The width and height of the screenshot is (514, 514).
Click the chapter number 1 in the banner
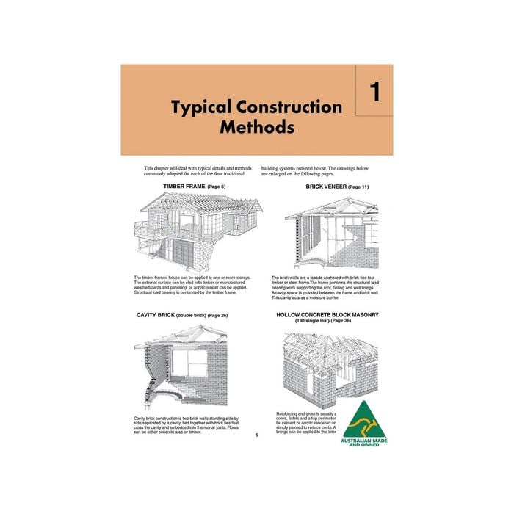pos(374,93)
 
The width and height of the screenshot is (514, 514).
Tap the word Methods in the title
pos(257,127)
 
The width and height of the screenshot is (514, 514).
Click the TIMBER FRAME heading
pos(184,187)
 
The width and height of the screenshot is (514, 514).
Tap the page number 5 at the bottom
pos(256,435)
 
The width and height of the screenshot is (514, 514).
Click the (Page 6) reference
pos(217,187)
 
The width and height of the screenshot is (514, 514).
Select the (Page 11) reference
pos(358,187)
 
